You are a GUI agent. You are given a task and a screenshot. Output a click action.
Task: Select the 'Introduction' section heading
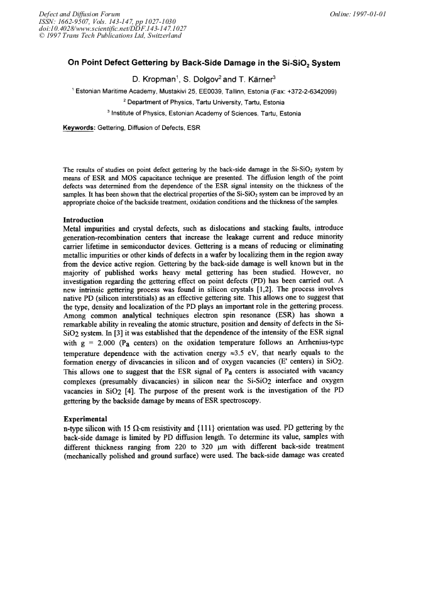click(84, 220)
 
